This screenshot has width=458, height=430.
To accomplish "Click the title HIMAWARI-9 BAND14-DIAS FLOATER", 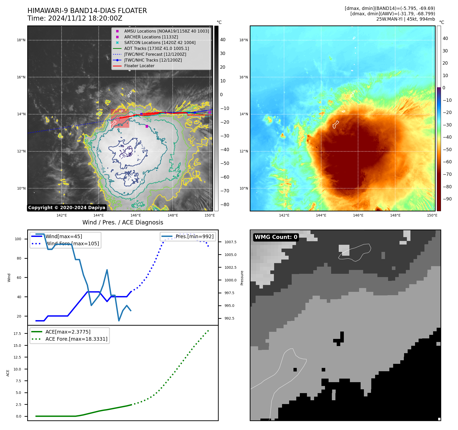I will point(87,11).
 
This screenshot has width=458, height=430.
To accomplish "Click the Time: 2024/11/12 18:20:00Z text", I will point(75,18).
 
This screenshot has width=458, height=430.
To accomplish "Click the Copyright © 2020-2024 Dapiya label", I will point(67,208).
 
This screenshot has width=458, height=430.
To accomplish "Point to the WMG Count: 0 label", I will point(276,237).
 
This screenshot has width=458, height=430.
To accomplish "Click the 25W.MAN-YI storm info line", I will point(405,19).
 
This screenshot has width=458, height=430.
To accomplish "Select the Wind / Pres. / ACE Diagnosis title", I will point(123,222).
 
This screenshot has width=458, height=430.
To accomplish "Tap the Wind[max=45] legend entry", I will point(64,236).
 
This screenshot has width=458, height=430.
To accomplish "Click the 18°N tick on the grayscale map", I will point(21,40).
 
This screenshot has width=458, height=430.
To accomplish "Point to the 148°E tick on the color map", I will point(395,215).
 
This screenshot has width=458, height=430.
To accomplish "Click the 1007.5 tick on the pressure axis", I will point(230,242).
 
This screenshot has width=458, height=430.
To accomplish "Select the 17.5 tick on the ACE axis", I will point(17,334).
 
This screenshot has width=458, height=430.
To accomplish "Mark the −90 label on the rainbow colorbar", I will point(447,199).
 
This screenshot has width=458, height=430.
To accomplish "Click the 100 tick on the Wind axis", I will point(18,239).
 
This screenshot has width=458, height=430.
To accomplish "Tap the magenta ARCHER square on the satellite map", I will point(147,126).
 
